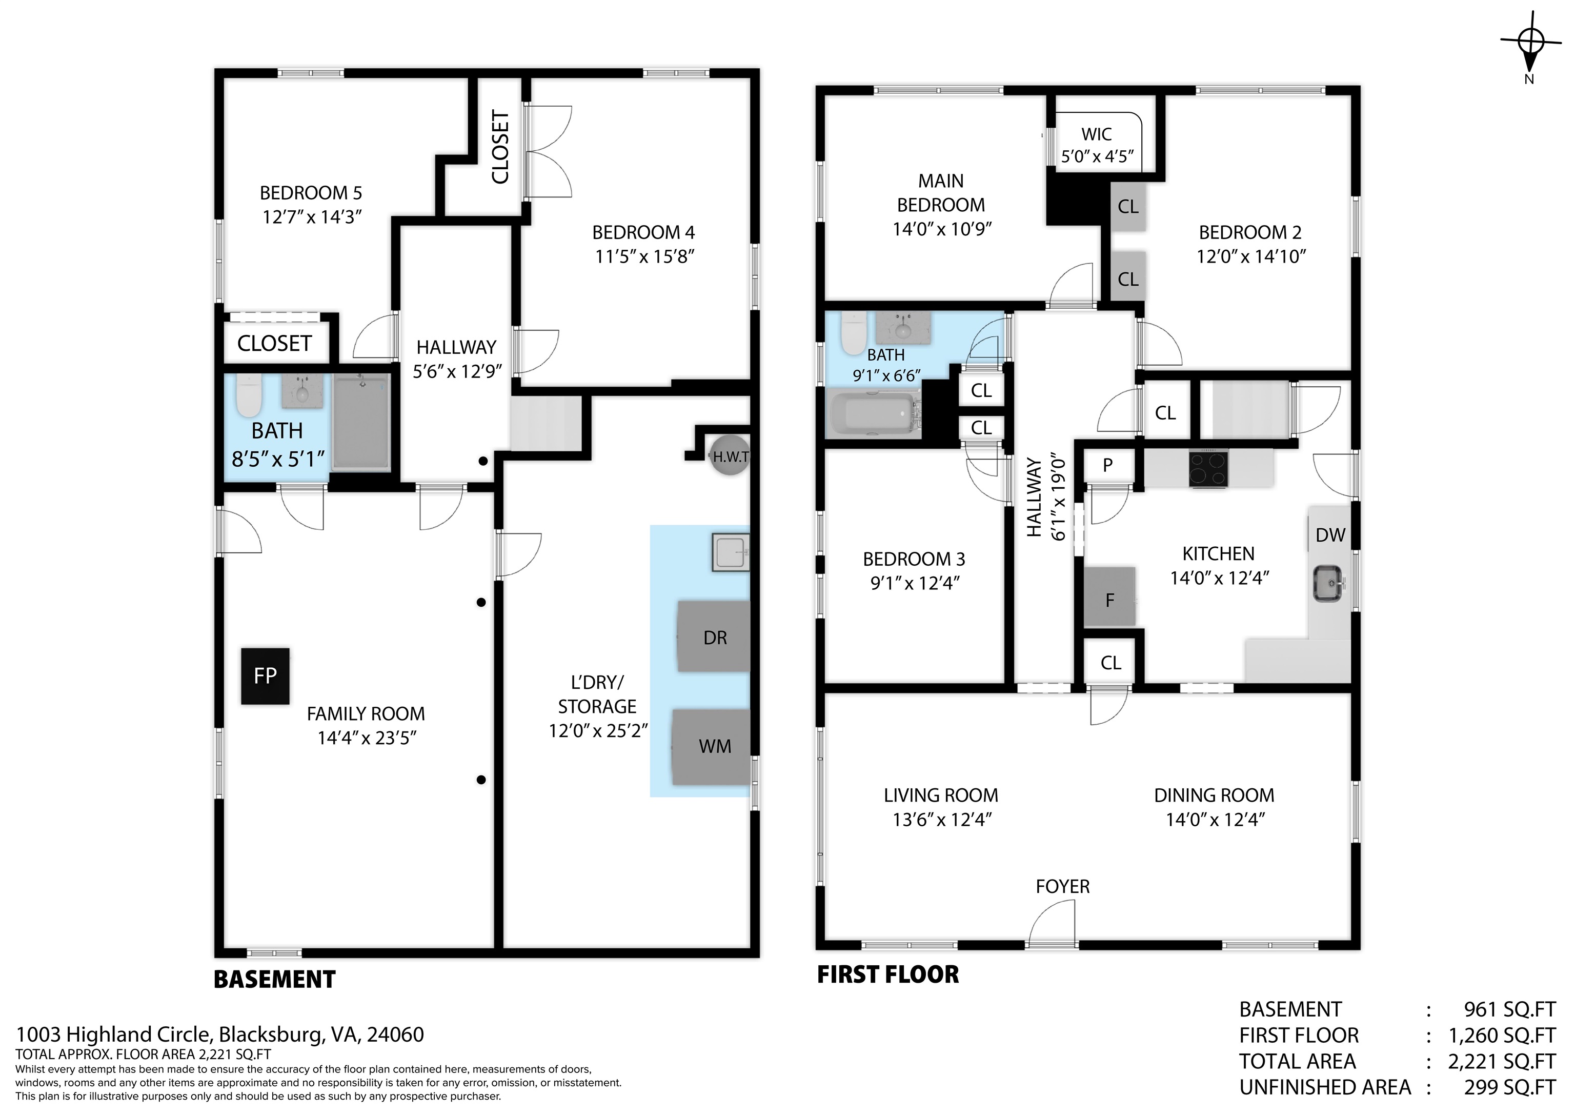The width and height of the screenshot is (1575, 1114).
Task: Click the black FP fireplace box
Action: pos(265,676)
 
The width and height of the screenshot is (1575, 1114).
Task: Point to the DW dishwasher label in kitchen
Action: pos(1330,535)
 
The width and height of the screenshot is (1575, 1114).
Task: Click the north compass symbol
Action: pos(1530,43)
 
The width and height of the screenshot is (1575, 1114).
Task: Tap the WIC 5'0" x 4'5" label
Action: pos(1096,145)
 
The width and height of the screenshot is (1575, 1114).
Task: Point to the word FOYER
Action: pos(1062,887)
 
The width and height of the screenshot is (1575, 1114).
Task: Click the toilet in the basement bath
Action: pos(248,396)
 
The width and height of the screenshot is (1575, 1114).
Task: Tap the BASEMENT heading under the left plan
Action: pos(274,980)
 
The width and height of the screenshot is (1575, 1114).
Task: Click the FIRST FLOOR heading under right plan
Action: pos(887,974)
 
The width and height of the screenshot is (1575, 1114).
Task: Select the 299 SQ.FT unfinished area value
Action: pos(1509,1087)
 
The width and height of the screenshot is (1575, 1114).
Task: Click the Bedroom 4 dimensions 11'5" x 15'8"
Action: pos(644,257)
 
